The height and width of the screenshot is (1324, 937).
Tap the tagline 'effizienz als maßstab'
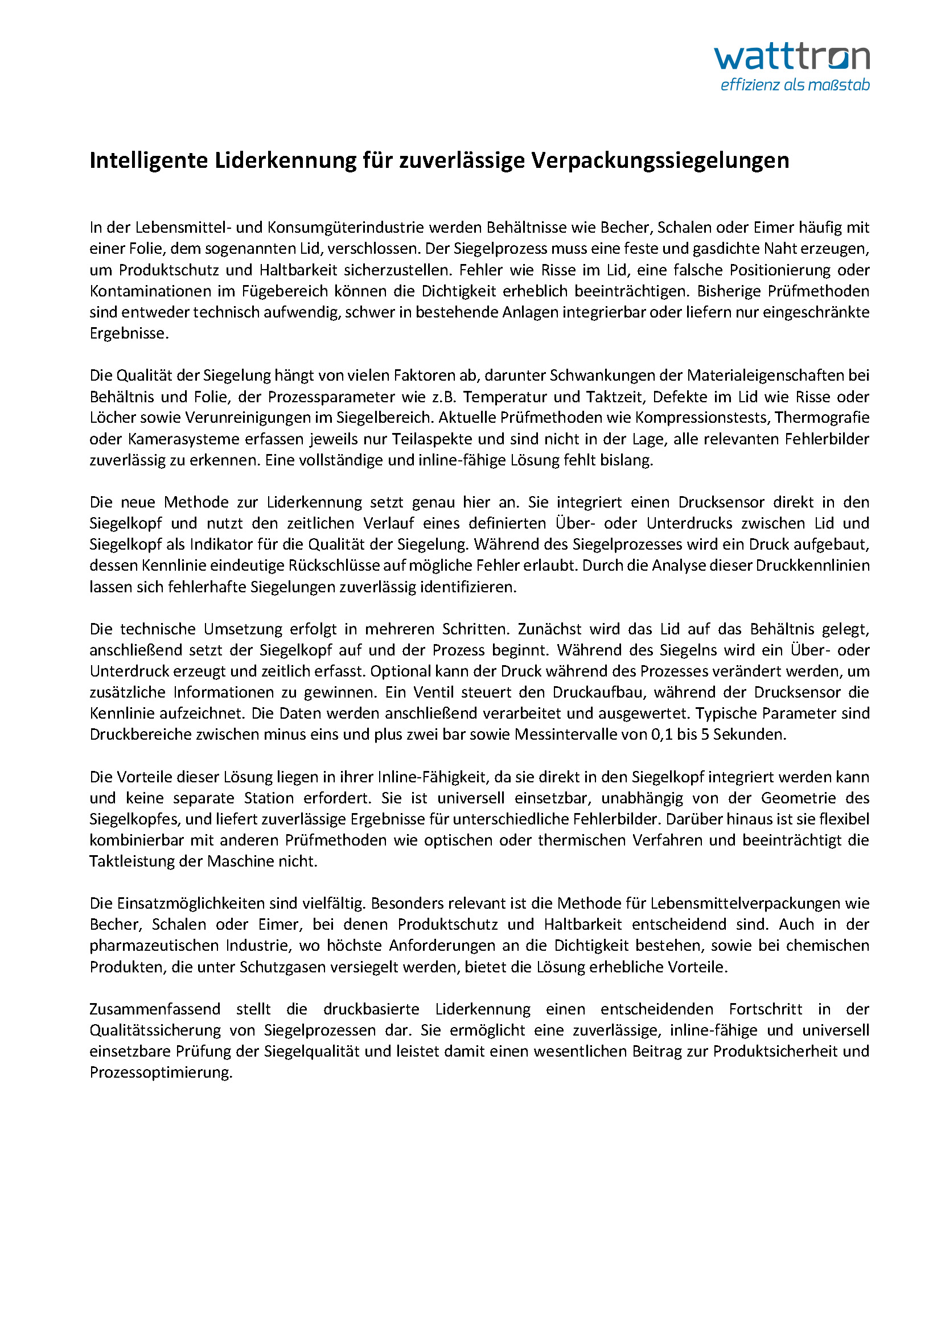pos(795,85)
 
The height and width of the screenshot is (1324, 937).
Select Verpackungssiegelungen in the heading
pos(659,160)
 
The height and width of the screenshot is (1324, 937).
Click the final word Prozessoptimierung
pos(161,1073)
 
